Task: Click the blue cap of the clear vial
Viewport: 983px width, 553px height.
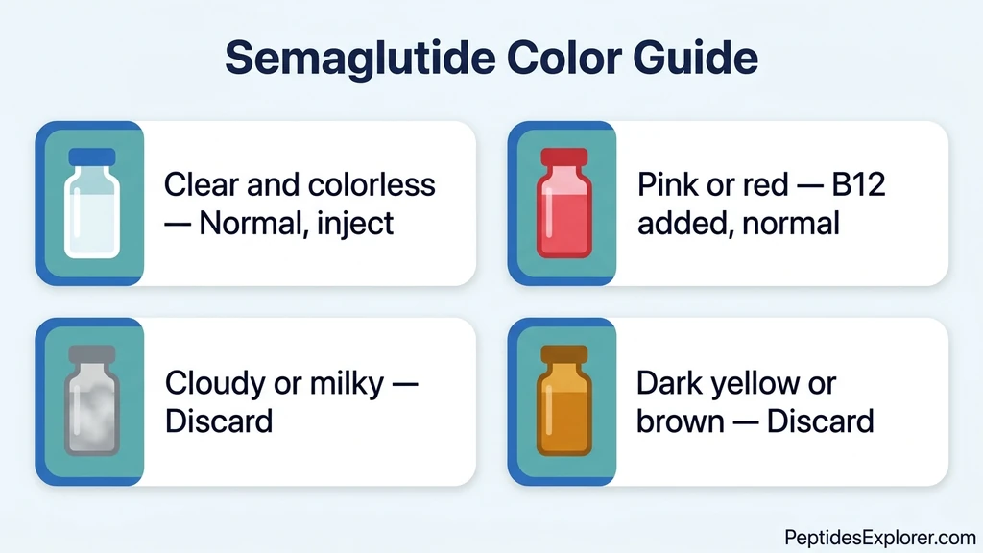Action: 92,157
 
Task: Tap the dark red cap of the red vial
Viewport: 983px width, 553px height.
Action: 564,157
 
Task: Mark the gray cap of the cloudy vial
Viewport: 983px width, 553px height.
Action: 92,354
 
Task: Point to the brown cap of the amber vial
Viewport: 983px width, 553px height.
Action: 564,354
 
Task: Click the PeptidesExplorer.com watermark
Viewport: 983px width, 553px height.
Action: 879,537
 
